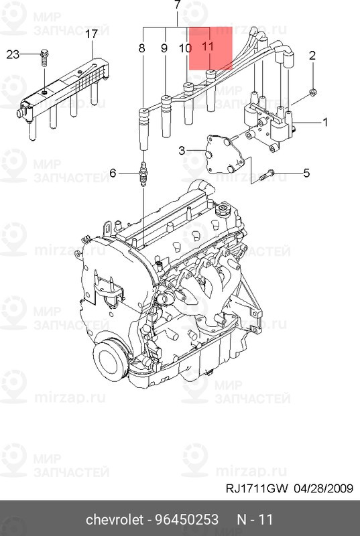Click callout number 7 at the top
coord(178,6)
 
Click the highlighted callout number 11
coord(208,48)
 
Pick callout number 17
coord(92,33)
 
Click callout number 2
coord(312,56)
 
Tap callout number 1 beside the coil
coord(325,122)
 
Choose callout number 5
coord(306,174)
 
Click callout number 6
coord(113,174)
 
